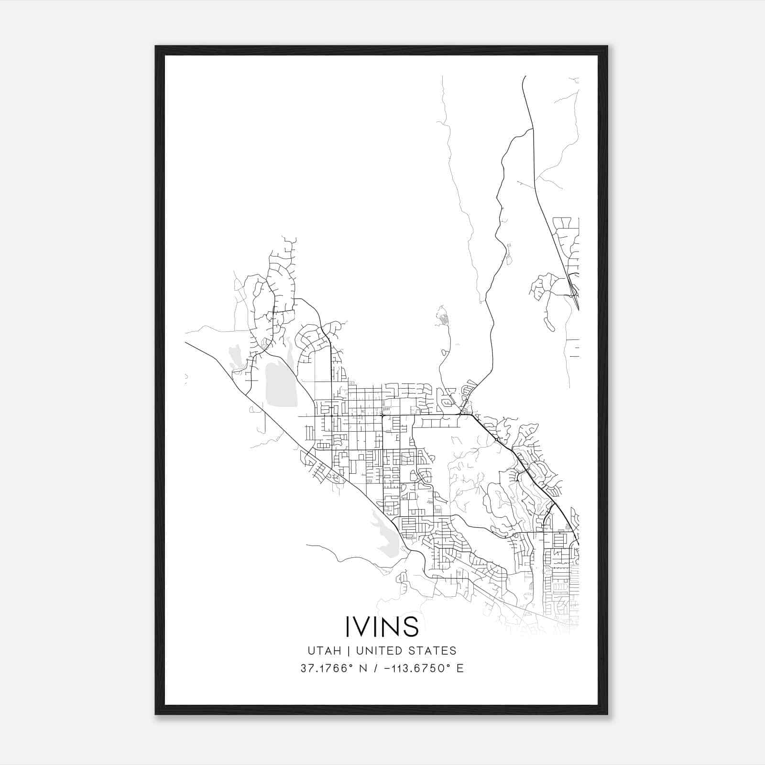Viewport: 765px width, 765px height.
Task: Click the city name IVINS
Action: point(382,626)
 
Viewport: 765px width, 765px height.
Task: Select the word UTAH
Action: point(324,651)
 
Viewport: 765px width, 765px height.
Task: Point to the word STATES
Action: point(434,651)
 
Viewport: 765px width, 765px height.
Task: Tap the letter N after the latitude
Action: point(363,668)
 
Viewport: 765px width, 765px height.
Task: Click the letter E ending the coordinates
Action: point(460,668)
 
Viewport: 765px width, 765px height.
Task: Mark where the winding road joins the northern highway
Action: point(533,129)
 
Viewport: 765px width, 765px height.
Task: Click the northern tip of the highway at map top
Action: point(525,76)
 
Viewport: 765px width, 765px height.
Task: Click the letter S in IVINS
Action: point(411,626)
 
